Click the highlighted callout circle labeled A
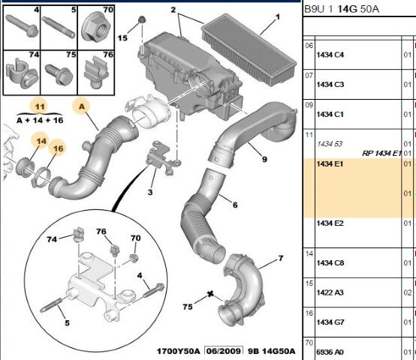pos(82,106)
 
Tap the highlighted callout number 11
pos(40,106)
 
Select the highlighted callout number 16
pos(58,148)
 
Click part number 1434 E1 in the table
pos(330,164)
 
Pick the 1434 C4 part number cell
pos(330,55)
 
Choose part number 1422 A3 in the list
pos(330,292)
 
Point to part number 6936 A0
pos(330,352)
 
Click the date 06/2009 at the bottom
pos(224,351)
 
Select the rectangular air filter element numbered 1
pos(249,49)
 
